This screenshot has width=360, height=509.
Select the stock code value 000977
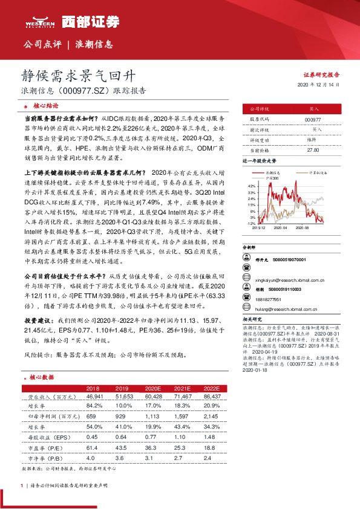pyautogui.click(x=313, y=120)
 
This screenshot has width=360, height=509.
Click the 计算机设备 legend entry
pyautogui.click(x=318, y=172)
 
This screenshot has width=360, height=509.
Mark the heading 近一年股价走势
pyautogui.click(x=259, y=162)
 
